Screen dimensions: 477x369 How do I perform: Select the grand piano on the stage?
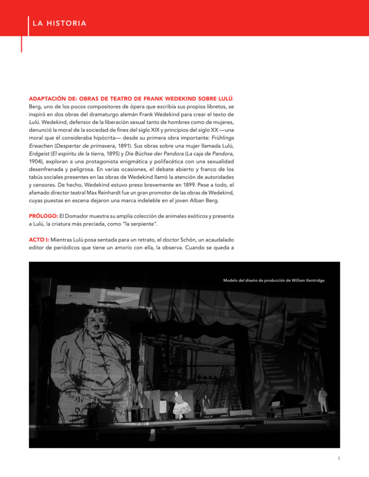288,401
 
